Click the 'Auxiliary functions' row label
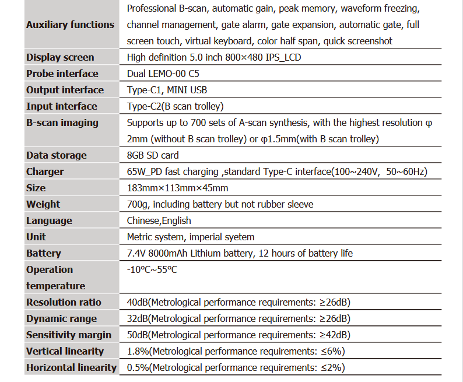click(x=70, y=24)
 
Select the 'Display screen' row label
click(x=60, y=57)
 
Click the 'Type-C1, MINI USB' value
click(x=167, y=90)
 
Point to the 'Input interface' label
click(x=62, y=106)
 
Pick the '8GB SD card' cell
click(x=153, y=155)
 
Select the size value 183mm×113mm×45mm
click(x=177, y=188)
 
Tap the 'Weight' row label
click(x=43, y=204)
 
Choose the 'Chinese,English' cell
click(x=159, y=220)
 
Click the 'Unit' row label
click(x=36, y=237)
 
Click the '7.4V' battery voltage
click(x=136, y=253)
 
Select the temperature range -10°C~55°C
click(x=152, y=269)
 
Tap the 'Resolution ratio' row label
click(x=64, y=302)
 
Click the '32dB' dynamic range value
click(x=138, y=318)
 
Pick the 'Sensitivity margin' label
click(x=69, y=335)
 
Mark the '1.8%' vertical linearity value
click(x=138, y=351)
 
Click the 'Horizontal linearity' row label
click(x=71, y=367)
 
